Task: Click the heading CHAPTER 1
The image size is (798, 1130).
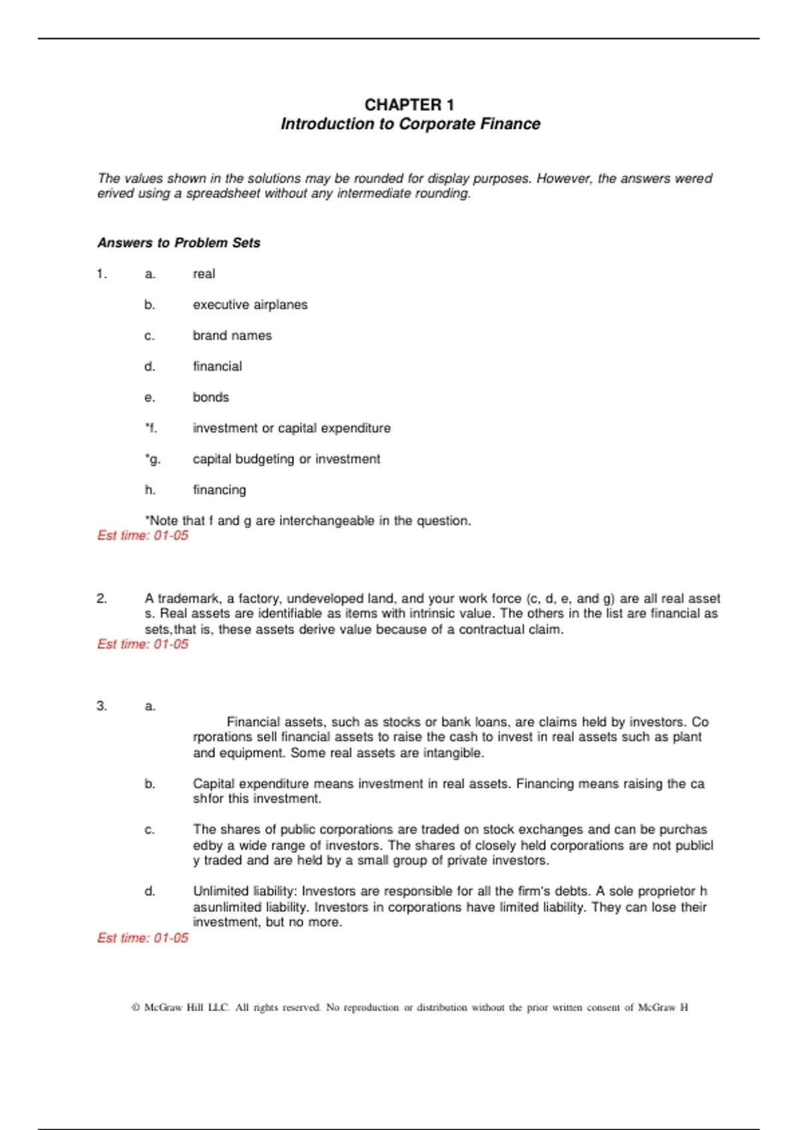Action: [409, 105]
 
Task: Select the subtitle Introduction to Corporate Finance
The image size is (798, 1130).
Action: [410, 124]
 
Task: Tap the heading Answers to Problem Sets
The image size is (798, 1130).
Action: [178, 243]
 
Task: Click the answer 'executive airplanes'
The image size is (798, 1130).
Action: [250, 305]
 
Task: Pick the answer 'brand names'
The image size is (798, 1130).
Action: [232, 336]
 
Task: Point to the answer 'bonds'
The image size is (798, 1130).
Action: [211, 397]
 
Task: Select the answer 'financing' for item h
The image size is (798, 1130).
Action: [219, 490]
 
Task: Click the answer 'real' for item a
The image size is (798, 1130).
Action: [203, 274]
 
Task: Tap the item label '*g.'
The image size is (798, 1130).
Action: [152, 459]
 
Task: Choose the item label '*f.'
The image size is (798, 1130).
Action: [151, 429]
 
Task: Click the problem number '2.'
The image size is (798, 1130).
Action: [102, 599]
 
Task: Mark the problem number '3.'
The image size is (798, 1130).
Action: [102, 706]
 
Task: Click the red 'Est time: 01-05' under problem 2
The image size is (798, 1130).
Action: [143, 644]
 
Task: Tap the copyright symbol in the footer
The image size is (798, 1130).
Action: [136, 1008]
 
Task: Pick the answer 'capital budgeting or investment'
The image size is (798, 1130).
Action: [287, 459]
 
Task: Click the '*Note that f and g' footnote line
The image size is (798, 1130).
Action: [308, 521]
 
